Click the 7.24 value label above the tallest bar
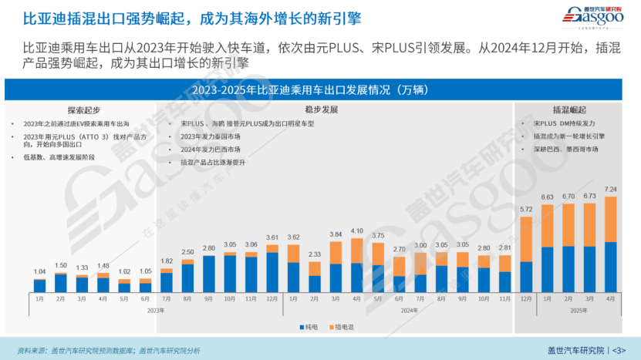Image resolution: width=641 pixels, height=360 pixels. point(610,189)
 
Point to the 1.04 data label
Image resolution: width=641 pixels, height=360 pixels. point(40,271)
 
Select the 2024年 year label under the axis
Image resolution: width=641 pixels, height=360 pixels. point(409,311)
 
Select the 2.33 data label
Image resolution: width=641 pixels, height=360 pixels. point(314,254)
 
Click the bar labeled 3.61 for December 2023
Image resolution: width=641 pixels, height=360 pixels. point(272,273)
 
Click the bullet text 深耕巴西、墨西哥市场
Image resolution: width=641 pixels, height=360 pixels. point(571,148)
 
